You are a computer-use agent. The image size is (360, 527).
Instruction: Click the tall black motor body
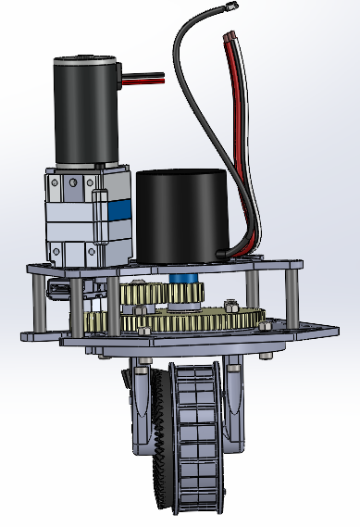pyautogui.click(x=85, y=116)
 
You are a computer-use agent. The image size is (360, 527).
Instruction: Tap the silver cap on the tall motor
pyautogui.click(x=84, y=64)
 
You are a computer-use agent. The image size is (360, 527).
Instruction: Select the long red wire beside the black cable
pyautogui.click(x=242, y=139)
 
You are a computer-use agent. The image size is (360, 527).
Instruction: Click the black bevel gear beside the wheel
pyautogui.click(x=159, y=445)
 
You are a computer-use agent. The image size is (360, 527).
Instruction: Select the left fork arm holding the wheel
pyautogui.click(x=141, y=408)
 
